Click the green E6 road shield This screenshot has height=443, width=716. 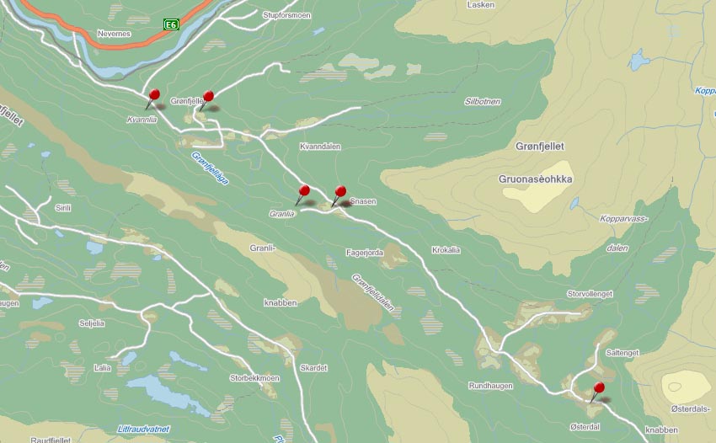click(171, 25)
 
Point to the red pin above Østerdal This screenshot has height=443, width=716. click(598, 388)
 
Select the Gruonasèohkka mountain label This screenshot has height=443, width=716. click(536, 179)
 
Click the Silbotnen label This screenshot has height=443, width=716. click(483, 101)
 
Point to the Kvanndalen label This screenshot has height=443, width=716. click(320, 147)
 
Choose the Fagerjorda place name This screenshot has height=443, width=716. click(365, 252)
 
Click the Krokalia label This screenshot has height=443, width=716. click(446, 250)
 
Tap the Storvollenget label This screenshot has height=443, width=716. click(590, 293)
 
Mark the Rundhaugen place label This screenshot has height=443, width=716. click(490, 385)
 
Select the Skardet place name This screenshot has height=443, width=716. click(313, 368)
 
